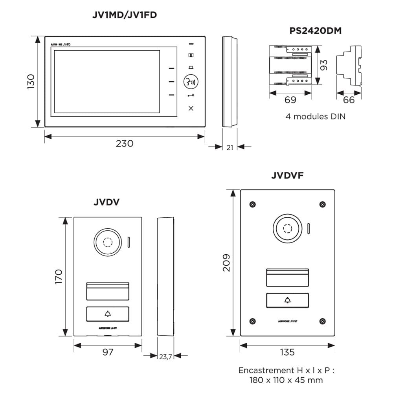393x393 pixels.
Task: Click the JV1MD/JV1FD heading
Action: click(x=125, y=15)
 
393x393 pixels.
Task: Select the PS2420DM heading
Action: click(x=316, y=31)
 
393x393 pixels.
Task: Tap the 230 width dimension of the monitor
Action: click(x=125, y=143)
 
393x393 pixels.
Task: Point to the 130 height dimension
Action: click(x=31, y=81)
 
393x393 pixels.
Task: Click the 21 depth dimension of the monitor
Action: click(x=230, y=147)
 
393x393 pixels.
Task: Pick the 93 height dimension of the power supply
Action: click(x=323, y=65)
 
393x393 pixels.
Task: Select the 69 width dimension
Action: click(x=290, y=100)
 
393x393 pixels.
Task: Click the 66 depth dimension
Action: click(x=349, y=100)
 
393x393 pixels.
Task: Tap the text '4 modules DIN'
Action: click(x=316, y=117)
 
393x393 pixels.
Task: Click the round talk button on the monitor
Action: click(x=191, y=82)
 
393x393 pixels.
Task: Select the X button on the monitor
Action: click(x=191, y=108)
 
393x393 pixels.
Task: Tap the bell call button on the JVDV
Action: click(x=108, y=314)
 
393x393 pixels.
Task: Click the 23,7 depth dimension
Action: click(x=165, y=356)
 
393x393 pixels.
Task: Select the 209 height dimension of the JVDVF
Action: click(x=227, y=263)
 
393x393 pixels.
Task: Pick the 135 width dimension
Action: click(x=287, y=352)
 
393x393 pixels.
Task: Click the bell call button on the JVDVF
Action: click(x=287, y=301)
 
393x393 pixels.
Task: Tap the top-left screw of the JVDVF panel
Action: click(x=252, y=204)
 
